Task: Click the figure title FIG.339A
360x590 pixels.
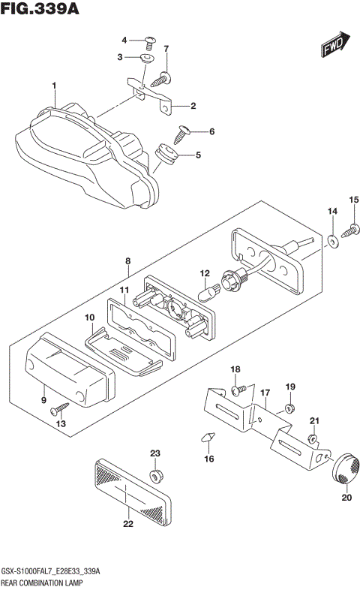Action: point(40,10)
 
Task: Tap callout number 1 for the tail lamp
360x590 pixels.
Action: point(54,86)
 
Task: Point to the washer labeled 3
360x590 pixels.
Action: point(148,58)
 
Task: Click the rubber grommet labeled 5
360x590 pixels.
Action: point(166,156)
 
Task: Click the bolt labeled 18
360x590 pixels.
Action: point(238,390)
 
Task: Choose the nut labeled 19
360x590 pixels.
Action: point(289,409)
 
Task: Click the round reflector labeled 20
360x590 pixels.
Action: point(345,468)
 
